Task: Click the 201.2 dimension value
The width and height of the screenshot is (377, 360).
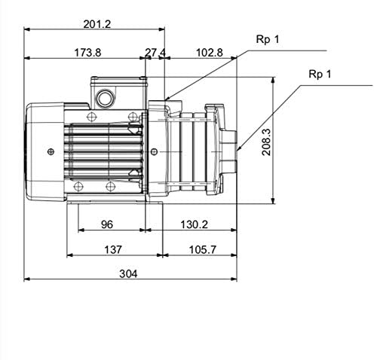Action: (97, 24)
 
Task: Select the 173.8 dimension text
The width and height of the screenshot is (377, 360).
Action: (87, 53)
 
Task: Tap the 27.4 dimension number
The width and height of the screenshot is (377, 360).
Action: (155, 53)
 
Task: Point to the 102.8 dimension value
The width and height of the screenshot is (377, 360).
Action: (209, 53)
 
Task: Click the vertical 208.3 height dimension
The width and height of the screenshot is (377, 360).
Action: (266, 142)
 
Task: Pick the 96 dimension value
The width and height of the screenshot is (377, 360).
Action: (107, 224)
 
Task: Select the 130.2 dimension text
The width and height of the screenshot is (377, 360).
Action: (194, 224)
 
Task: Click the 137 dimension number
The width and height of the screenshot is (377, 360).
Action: (113, 250)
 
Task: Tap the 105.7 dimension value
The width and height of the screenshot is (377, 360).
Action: (202, 250)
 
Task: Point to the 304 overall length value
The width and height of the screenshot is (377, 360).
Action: (128, 273)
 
